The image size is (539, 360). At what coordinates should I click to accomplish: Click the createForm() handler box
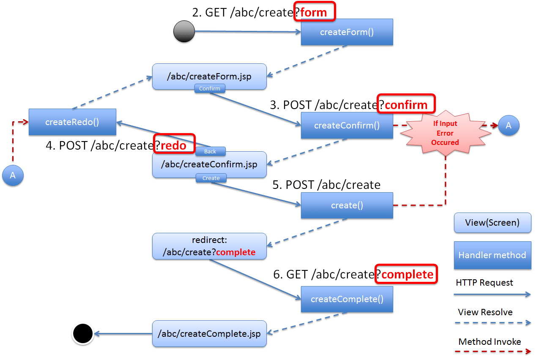click(347, 32)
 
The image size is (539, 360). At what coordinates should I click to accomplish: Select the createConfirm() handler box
click(347, 125)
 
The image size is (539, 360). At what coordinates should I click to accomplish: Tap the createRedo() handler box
click(72, 122)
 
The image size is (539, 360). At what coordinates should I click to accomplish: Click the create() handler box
click(347, 205)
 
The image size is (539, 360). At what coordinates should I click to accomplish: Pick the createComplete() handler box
click(347, 299)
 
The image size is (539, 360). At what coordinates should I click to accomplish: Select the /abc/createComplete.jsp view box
click(209, 334)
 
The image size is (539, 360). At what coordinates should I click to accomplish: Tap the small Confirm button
click(210, 88)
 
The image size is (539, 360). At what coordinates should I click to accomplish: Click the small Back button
click(210, 151)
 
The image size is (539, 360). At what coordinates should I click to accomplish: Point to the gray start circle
click(184, 31)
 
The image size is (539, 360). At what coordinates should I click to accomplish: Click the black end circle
click(82, 334)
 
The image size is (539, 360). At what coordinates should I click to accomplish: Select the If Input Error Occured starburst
click(445, 133)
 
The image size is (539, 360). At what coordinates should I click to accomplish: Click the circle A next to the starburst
click(509, 125)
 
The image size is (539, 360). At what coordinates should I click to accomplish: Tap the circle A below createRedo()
click(13, 175)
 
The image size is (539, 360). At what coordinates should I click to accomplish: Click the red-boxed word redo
click(174, 145)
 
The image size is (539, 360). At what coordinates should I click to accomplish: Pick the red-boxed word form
click(314, 12)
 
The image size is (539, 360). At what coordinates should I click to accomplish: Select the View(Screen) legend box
click(492, 223)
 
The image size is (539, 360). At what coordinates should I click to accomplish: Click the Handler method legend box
click(492, 255)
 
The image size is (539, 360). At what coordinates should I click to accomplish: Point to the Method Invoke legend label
click(490, 342)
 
